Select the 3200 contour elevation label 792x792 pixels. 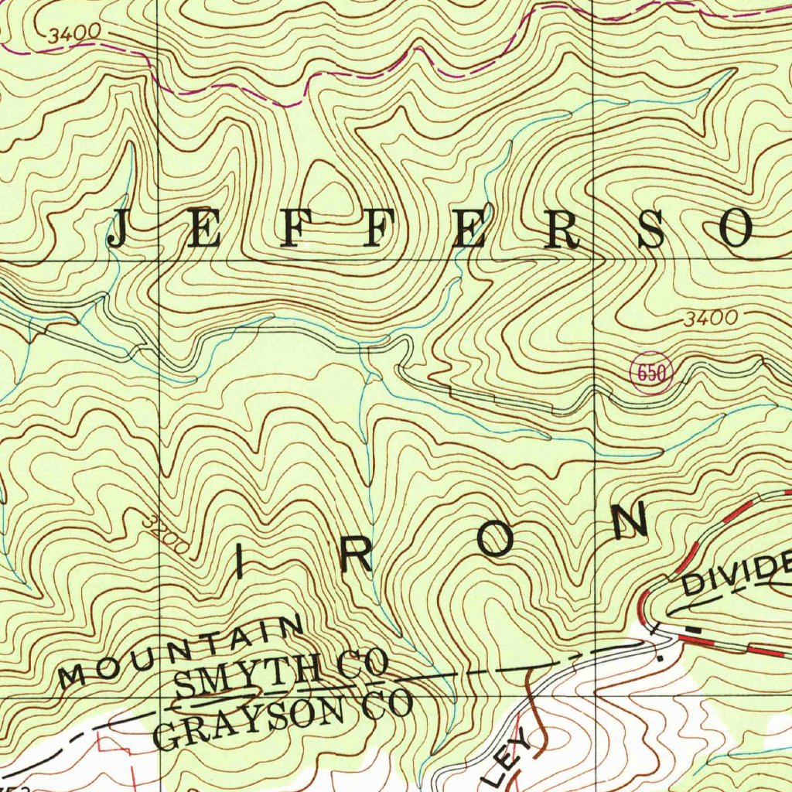click(166, 534)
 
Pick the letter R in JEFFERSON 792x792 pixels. click(561, 230)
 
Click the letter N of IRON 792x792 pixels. click(630, 520)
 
